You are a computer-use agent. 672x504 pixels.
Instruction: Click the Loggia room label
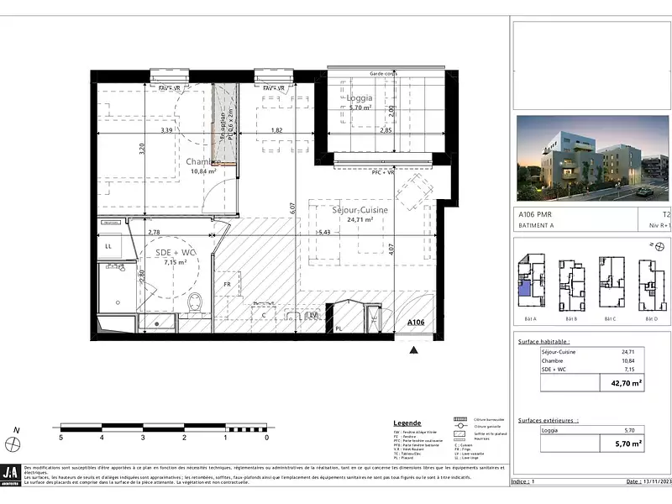point(359,97)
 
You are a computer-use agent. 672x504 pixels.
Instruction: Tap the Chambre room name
point(202,161)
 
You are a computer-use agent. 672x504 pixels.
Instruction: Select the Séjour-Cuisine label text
point(360,208)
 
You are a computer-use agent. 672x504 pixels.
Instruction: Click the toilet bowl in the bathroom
point(195,302)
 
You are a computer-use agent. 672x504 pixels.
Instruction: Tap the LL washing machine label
point(108,246)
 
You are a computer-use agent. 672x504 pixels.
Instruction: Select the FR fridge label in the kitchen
point(227,284)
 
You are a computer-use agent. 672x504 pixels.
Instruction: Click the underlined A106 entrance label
point(416,323)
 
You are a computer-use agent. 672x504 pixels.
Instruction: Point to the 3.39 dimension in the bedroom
point(166,130)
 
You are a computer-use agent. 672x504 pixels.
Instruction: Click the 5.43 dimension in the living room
point(324,232)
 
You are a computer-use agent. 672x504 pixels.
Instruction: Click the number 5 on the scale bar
point(60,438)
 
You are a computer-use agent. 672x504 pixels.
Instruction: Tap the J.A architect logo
point(12,474)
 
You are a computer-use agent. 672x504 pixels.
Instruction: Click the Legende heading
point(407,423)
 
